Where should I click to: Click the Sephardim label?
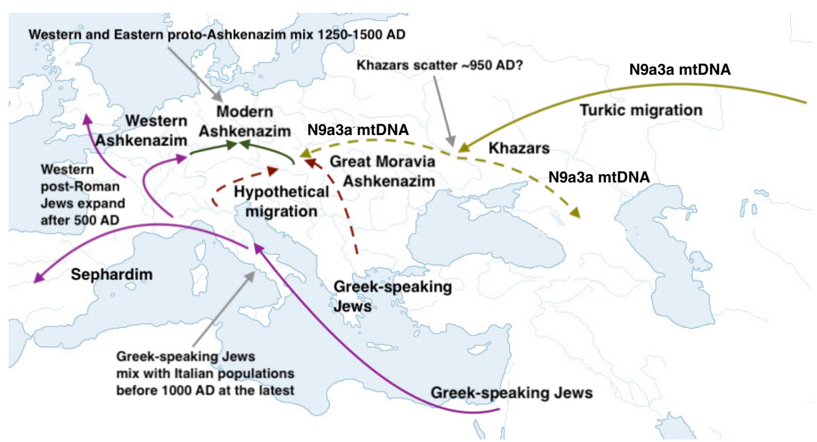point(112,274)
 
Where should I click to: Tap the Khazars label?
point(519,148)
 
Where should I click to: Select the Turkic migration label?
point(641,110)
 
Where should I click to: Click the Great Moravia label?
point(382,162)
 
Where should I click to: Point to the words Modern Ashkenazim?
point(245,122)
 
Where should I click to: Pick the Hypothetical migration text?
point(281,201)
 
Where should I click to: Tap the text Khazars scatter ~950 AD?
point(439,65)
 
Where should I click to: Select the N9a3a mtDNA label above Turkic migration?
point(679,70)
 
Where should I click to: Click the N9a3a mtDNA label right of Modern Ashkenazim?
point(358,130)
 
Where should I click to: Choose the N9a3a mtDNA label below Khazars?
point(599,177)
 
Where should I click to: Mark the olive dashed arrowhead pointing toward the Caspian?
point(575,213)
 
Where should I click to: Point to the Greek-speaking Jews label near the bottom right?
point(512,393)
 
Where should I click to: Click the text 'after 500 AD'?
point(80,220)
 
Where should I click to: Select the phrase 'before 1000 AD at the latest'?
point(205,390)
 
